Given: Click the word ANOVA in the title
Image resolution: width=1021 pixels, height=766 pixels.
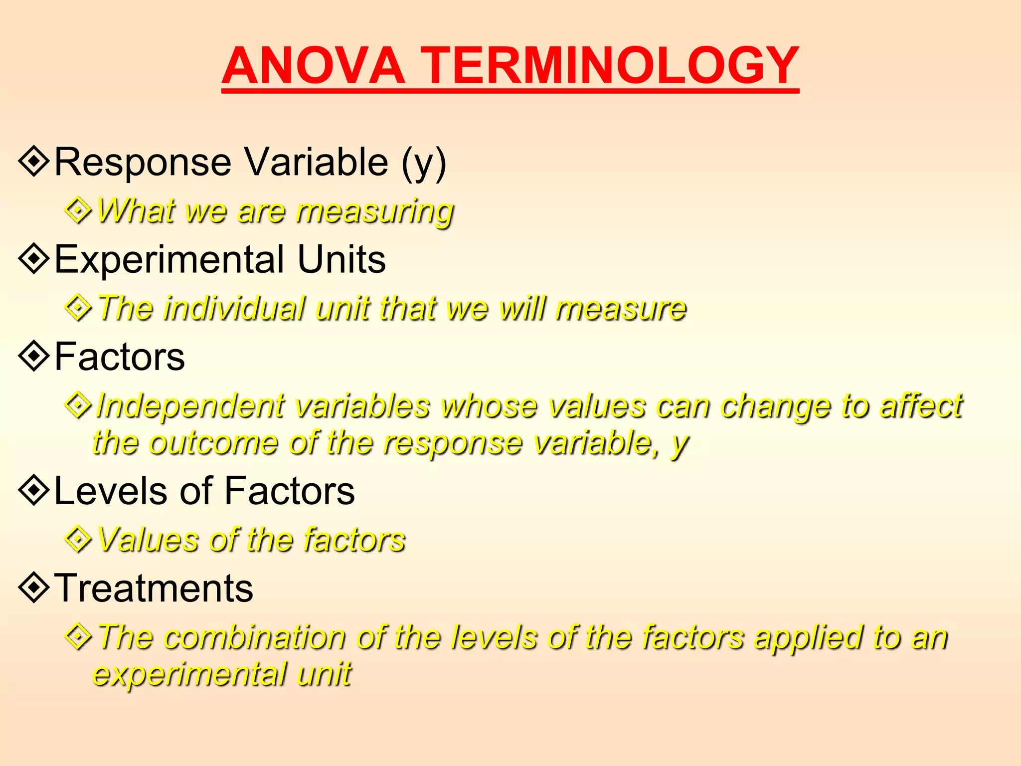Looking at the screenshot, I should pyautogui.click(x=313, y=66).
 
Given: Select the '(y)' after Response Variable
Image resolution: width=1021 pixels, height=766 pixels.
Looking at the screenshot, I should pyautogui.click(x=424, y=163).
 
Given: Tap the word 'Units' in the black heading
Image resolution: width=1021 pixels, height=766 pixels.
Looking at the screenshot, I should pyautogui.click(x=341, y=259).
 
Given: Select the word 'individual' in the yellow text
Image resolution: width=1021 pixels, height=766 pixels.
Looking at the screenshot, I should pyautogui.click(x=234, y=308).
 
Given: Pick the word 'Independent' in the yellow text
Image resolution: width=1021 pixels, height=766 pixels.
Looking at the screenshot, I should pyautogui.click(x=190, y=406).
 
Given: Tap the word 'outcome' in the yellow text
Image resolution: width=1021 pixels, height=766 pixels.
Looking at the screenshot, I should pyautogui.click(x=213, y=443).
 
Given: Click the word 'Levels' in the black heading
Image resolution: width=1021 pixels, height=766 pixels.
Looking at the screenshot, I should pyautogui.click(x=109, y=491).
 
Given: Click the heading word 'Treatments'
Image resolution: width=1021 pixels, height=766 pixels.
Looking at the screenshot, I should pyautogui.click(x=154, y=588).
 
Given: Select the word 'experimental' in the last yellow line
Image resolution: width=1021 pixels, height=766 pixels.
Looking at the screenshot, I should pyautogui.click(x=189, y=674).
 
